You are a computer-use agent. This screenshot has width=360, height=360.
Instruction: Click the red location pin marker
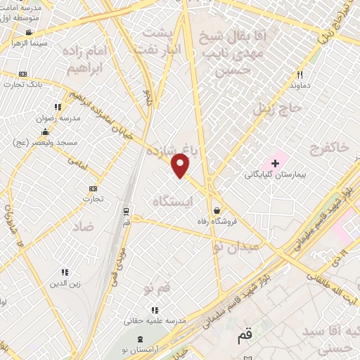point(181,166)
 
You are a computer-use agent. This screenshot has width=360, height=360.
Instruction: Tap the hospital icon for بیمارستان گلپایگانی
point(276,163)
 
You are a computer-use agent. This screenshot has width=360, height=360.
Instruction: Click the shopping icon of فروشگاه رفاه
point(217,210)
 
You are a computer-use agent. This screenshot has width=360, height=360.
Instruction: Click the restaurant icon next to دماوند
point(300,75)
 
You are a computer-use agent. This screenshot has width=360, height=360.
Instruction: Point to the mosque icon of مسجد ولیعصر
point(45,131)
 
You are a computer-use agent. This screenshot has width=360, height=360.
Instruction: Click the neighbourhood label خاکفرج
point(328,147)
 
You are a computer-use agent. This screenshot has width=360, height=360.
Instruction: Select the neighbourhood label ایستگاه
point(172,202)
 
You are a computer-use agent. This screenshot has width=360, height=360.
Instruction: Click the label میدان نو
point(236,246)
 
